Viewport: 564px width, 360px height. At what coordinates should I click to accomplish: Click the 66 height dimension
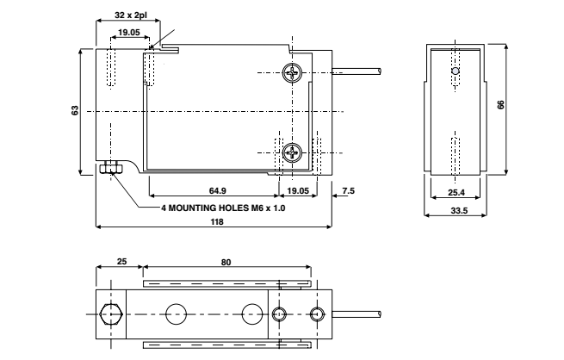501,103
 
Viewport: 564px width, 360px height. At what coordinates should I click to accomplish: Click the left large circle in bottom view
177,313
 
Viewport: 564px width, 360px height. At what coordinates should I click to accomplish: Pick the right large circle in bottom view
251,313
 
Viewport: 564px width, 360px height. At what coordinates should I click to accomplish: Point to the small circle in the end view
456,71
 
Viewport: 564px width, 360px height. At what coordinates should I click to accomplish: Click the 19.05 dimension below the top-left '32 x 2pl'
130,32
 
